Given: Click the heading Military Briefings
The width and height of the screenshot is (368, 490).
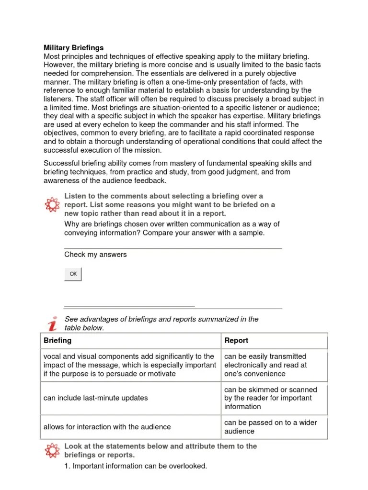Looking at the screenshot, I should point(73,48).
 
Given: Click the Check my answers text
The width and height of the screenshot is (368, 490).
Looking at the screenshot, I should point(95,255).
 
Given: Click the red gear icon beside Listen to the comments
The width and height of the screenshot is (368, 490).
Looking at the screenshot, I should point(52,204).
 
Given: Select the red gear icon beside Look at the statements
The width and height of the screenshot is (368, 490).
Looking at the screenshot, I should point(52,451).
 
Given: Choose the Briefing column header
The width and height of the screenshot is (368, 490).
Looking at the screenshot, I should point(57,340).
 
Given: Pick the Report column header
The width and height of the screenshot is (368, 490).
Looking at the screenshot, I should point(236,341).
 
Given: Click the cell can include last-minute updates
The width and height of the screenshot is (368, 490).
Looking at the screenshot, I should point(96,398).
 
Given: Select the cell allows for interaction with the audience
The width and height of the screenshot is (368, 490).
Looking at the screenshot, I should point(107,427).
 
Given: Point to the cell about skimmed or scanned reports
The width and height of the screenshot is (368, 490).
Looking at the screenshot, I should point(270,398).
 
